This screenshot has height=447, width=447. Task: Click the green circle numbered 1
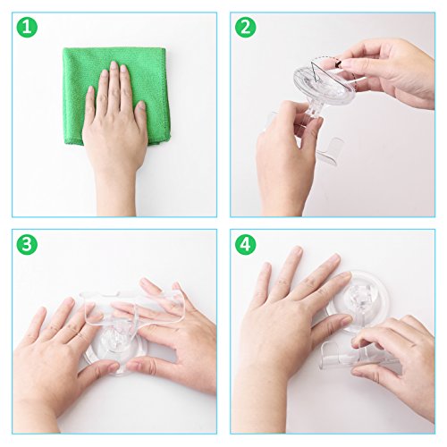(27, 27)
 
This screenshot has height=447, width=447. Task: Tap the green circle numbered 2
(245, 27)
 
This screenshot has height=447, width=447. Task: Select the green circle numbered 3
(27, 244)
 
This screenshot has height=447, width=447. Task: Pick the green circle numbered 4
(245, 244)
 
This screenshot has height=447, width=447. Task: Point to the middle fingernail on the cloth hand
(114, 66)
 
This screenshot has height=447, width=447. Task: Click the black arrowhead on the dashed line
(338, 63)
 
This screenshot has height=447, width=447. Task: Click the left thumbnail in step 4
(346, 320)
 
